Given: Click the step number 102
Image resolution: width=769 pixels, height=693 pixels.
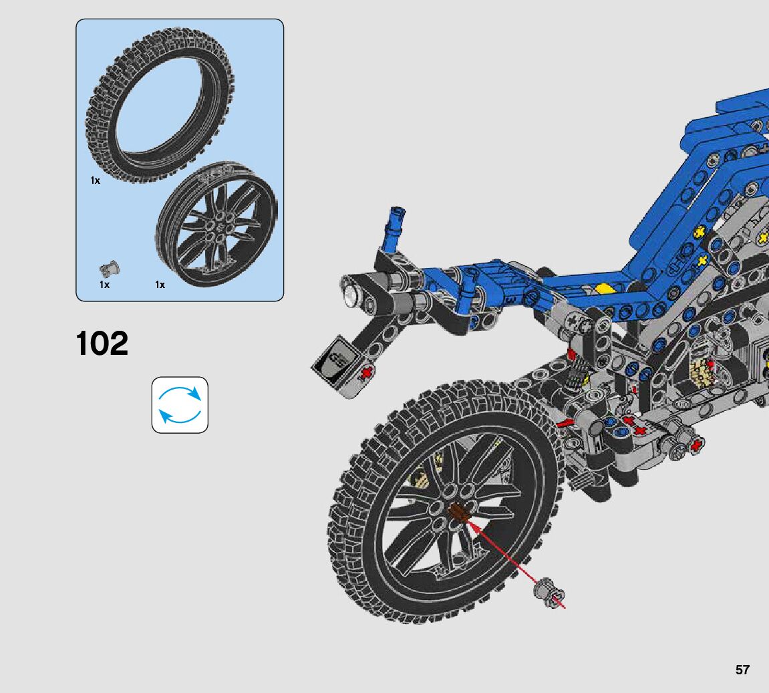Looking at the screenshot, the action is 102,343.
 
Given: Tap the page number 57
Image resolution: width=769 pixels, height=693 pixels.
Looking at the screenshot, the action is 742,670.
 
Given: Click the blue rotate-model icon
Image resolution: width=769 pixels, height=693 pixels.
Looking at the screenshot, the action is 180,405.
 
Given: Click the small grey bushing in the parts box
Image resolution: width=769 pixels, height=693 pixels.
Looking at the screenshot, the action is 110,269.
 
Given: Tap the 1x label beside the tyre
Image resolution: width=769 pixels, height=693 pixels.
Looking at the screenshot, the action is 95,180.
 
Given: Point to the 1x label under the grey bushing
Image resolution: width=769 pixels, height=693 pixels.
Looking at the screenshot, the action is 104,285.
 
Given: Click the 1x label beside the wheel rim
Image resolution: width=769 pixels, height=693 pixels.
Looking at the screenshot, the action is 160,285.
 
